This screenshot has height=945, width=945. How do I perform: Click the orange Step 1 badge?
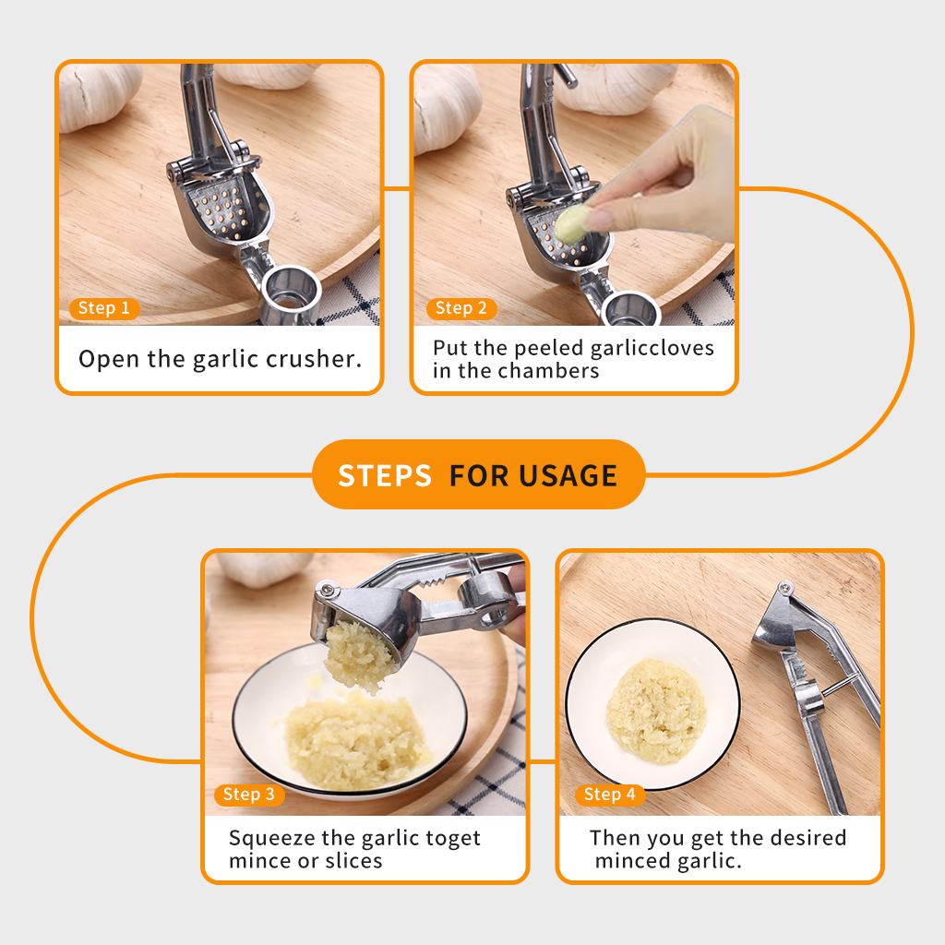[105, 308]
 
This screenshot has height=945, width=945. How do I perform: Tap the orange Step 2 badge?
[461, 308]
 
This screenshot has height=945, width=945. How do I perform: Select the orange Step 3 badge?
[249, 795]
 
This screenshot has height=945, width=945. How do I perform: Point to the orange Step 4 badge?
[610, 795]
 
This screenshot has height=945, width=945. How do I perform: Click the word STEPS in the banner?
[385, 475]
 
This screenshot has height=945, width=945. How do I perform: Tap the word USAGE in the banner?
[568, 475]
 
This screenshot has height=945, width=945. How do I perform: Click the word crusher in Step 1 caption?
[314, 359]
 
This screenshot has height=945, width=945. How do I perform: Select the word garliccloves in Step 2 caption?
[652, 348]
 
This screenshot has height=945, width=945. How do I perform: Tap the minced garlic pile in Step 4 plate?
[656, 712]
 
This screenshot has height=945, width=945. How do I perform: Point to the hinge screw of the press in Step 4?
[785, 587]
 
